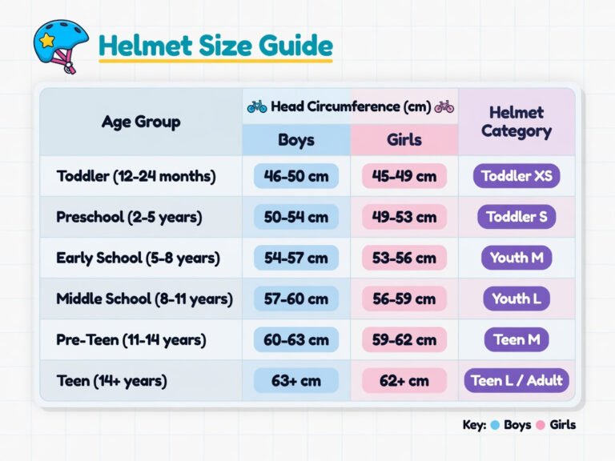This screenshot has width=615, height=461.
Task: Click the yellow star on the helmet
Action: coord(46,39)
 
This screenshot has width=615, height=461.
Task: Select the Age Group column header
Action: coord(141,122)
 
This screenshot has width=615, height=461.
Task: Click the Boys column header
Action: coord(296,139)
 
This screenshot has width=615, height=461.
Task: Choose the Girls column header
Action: coord(404,139)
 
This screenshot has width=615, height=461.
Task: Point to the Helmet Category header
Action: coord(517,122)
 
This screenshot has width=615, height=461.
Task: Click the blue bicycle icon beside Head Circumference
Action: coord(257,106)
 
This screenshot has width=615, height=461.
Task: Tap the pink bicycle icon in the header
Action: coord(444,106)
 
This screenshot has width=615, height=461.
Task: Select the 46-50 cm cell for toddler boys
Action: coord(296,176)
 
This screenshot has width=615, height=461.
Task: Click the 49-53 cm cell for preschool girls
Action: coord(404,217)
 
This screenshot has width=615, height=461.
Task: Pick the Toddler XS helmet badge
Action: coord(517,176)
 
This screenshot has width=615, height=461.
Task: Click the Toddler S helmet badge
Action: coord(517,217)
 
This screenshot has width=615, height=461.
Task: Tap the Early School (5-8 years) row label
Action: coord(138,258)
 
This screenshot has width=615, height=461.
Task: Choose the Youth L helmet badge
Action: coord(517,299)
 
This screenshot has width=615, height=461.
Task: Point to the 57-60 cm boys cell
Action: coord(296,299)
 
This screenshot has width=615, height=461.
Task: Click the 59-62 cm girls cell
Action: coord(404,339)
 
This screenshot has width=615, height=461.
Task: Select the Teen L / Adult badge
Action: coord(517,380)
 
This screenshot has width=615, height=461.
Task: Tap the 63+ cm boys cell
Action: coord(296,380)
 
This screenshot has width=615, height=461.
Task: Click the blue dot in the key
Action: coord(495,425)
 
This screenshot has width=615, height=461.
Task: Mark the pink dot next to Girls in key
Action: coord(541,425)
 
